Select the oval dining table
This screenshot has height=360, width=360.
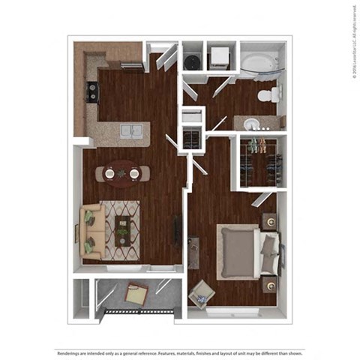pos(122,174)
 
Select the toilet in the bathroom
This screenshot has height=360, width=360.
pos(268,95)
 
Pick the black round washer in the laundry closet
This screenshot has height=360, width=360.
pos(193,61)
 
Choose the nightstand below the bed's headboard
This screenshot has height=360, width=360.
pos(268,284)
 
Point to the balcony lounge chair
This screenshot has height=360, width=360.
pos(136,294)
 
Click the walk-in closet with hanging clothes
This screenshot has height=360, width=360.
pos(257,160)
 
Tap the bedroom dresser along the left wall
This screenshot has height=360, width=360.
pos(193,249)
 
